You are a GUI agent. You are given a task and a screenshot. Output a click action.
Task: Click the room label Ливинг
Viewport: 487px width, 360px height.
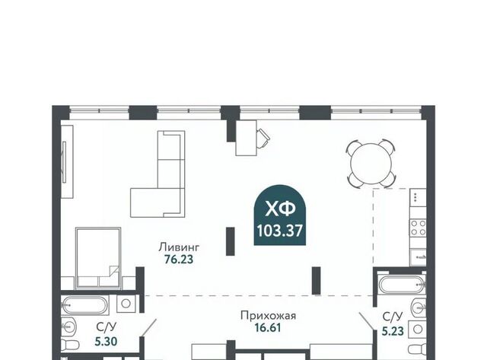(x=179, y=247)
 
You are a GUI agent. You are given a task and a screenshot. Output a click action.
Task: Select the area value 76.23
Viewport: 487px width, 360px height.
(x=179, y=260)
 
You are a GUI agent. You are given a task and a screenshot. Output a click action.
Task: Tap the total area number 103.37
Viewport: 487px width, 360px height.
(x=279, y=231)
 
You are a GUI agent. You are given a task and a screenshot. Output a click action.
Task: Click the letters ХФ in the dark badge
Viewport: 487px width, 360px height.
(x=280, y=209)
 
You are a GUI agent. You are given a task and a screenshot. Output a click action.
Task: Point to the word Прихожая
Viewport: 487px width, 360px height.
(x=268, y=316)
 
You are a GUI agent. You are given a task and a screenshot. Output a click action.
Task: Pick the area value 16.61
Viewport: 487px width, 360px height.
(x=268, y=328)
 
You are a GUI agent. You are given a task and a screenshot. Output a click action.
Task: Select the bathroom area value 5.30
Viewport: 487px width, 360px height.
(x=107, y=342)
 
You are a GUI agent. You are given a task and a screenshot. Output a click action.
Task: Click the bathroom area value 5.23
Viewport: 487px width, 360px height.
(x=393, y=331)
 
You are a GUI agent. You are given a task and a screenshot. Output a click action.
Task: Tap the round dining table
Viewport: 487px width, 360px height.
(x=371, y=164)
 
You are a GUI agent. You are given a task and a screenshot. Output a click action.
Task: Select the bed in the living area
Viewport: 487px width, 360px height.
(x=98, y=257)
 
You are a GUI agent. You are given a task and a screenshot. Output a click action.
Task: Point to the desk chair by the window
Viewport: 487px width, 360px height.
(x=263, y=137)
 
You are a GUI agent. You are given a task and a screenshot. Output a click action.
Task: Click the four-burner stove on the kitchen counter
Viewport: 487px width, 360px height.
(x=418, y=228)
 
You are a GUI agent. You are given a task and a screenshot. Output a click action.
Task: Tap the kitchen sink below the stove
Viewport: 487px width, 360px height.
(x=418, y=257)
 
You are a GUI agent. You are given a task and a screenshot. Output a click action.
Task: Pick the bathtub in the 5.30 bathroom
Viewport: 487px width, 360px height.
(x=85, y=306)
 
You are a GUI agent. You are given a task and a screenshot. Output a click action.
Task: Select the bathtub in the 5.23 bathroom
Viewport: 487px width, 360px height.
(x=402, y=284)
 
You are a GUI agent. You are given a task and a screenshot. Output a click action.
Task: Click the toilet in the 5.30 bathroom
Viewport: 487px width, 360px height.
(x=70, y=346)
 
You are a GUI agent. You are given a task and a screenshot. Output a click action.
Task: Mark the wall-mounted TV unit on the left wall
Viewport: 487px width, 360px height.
(x=67, y=161)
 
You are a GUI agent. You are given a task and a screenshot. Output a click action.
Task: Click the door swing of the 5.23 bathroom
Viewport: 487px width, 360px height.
(x=366, y=321)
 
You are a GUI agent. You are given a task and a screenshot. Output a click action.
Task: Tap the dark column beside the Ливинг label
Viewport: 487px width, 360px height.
(x=230, y=241)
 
